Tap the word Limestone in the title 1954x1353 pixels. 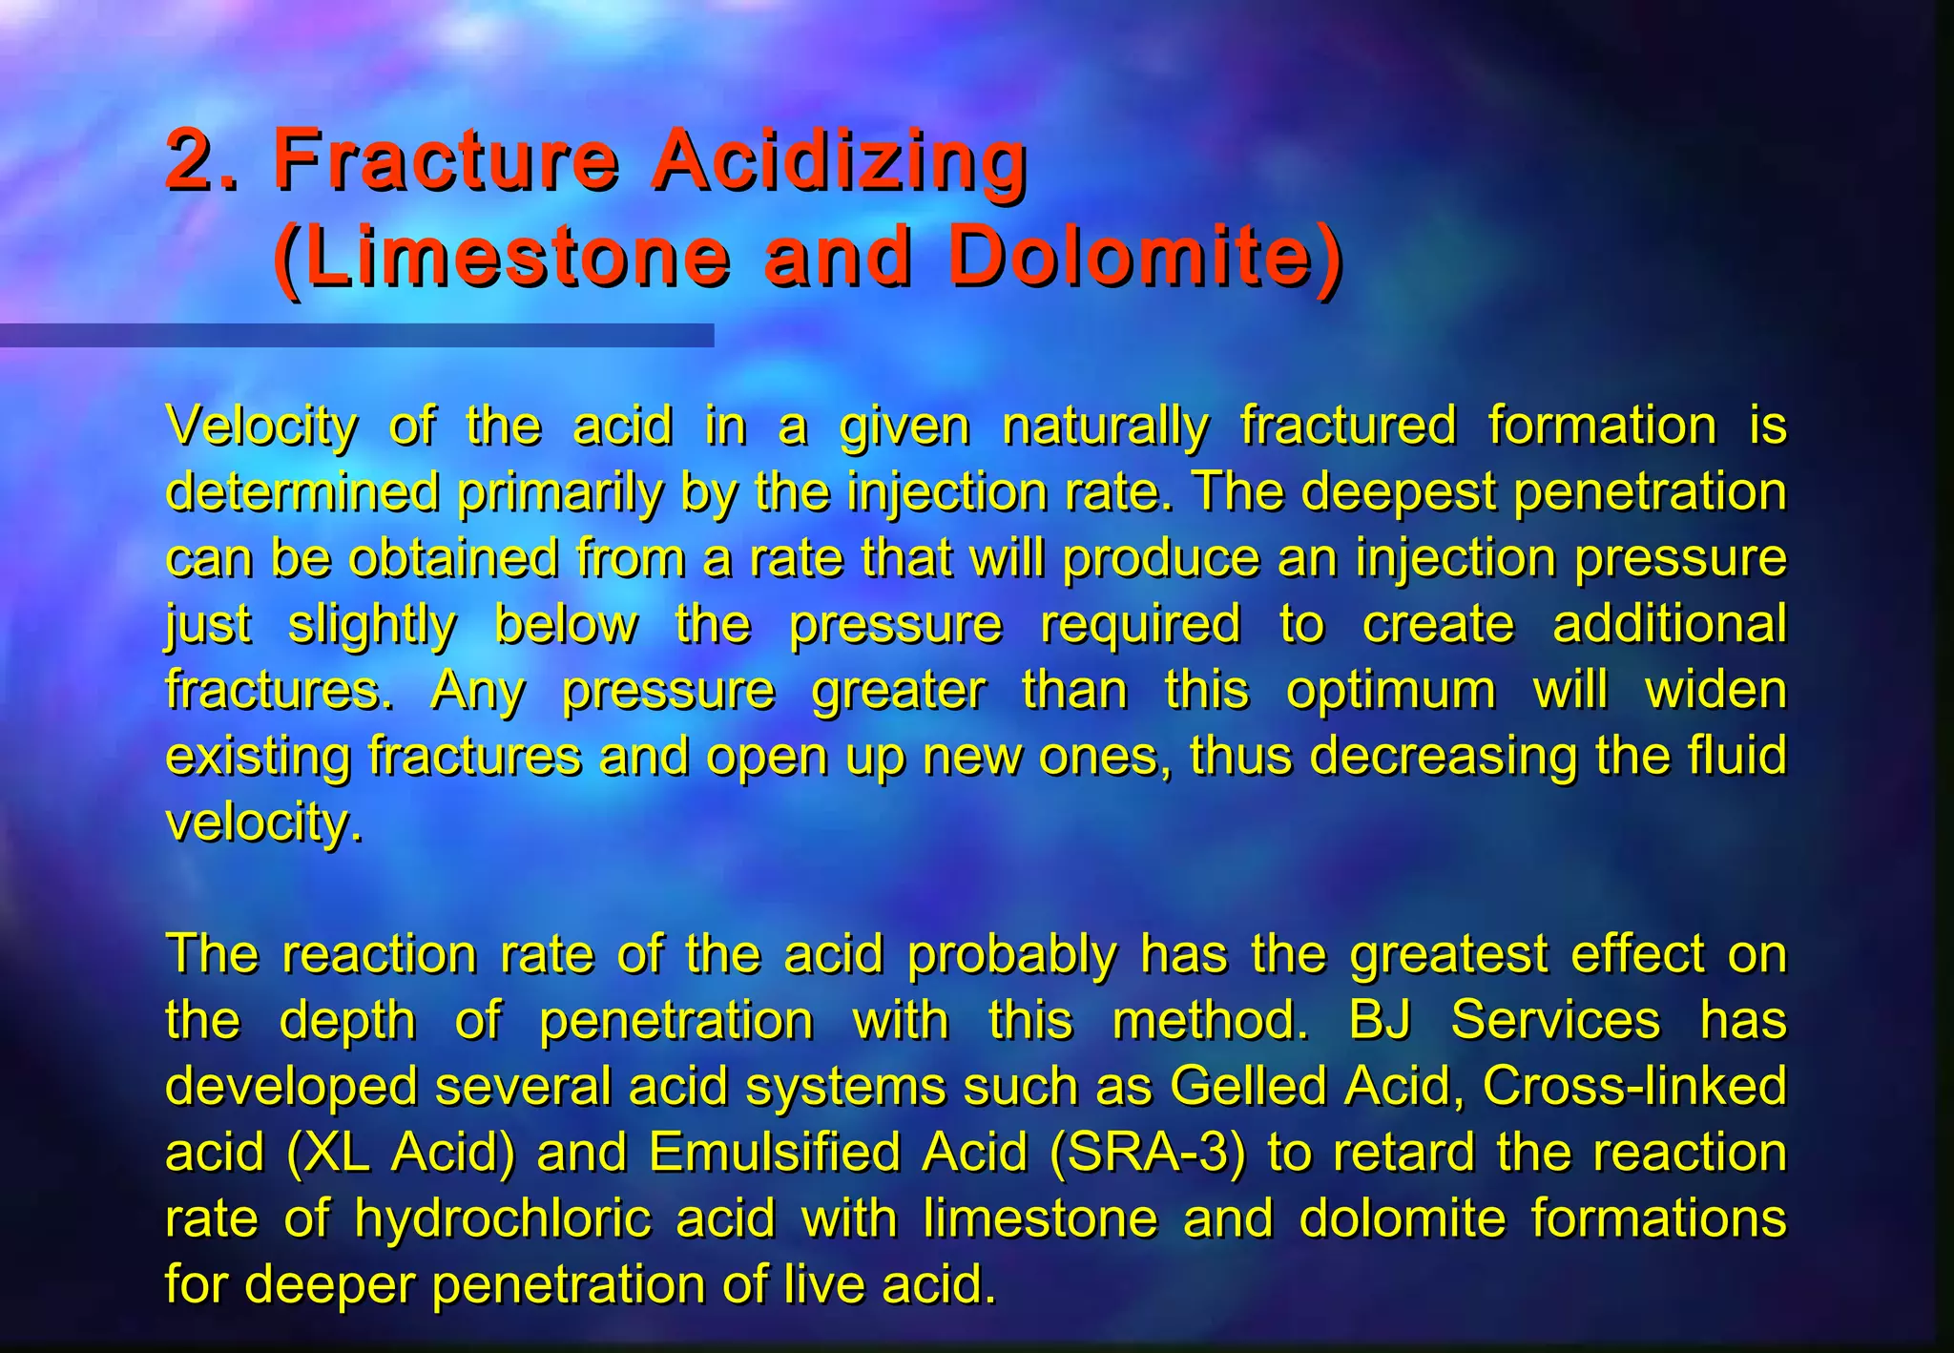tap(515, 258)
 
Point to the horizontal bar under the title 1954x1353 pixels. tap(356, 335)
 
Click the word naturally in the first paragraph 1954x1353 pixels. tap(1105, 427)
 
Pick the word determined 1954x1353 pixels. tap(301, 492)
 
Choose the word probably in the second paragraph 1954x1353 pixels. tap(1011, 954)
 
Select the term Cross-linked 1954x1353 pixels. tap(1633, 1086)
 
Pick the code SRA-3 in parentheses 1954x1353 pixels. tap(1146, 1152)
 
